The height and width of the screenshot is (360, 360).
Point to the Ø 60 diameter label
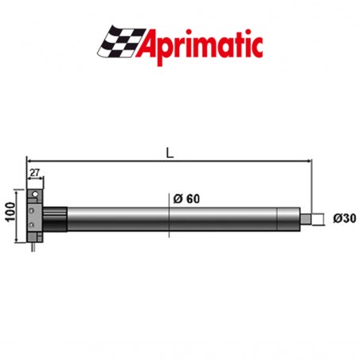coord(186,198)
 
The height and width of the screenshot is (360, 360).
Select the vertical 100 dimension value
coord(8,213)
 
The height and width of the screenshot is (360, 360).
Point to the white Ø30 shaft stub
coord(318,217)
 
